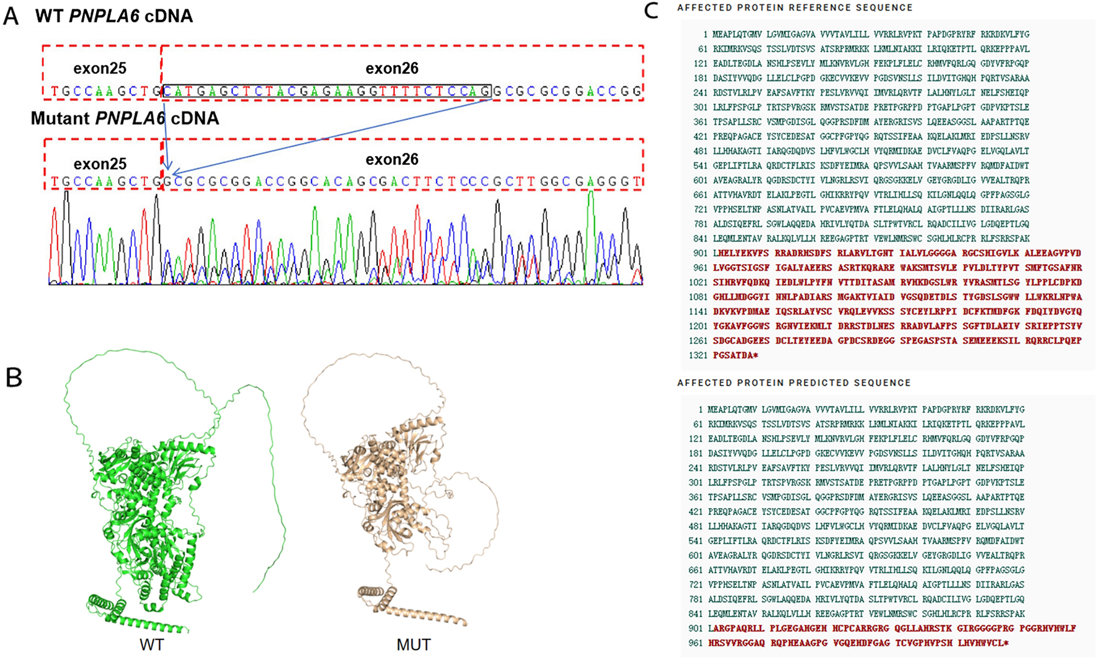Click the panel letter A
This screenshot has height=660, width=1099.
tap(11, 16)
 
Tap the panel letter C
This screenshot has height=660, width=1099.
tap(651, 10)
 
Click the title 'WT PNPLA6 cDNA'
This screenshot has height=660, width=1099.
tap(114, 16)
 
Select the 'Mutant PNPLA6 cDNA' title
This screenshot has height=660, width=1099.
tap(125, 118)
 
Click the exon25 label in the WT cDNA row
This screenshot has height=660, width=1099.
tap(100, 68)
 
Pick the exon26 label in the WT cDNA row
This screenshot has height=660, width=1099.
tap(392, 68)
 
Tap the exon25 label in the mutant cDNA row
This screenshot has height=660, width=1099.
tap(100, 164)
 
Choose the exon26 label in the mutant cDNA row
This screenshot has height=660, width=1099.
tap(392, 159)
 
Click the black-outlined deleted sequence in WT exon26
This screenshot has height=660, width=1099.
tap(327, 92)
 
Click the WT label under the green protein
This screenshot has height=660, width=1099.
tap(151, 645)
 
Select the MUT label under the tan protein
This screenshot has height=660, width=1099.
tap(413, 645)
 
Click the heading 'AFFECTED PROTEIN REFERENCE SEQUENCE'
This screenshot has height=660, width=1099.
tap(794, 8)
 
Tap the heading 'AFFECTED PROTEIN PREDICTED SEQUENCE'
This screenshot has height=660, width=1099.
tap(794, 383)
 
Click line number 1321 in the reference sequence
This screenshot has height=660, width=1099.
tap(698, 356)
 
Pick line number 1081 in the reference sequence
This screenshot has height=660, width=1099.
tap(698, 297)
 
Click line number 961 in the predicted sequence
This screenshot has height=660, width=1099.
tap(695, 643)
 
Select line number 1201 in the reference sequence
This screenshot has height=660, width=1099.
tap(698, 326)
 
